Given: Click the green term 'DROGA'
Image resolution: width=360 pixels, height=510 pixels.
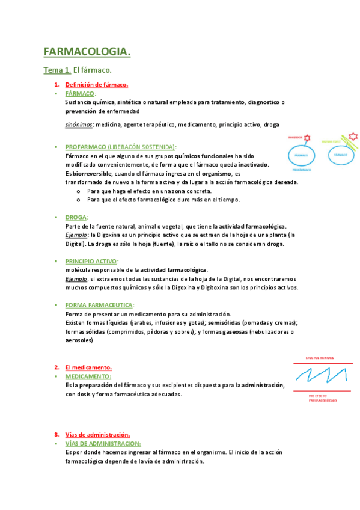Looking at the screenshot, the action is pyautogui.click(x=76, y=217).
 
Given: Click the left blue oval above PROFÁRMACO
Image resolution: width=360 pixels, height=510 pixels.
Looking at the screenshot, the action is pyautogui.click(x=301, y=155).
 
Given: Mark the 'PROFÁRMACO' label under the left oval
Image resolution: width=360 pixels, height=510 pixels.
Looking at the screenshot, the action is pyautogui.click(x=302, y=170).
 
